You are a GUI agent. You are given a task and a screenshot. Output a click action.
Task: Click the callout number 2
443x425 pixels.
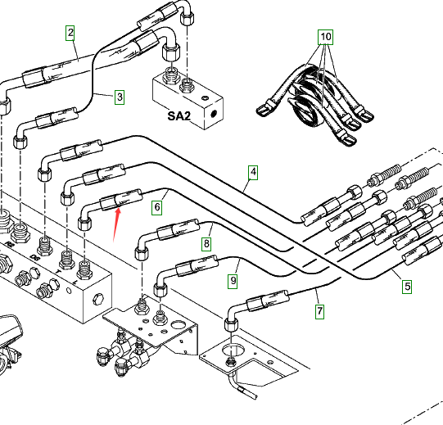click(x=70, y=33)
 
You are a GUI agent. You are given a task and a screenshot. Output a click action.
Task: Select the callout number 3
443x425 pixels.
click(x=120, y=97)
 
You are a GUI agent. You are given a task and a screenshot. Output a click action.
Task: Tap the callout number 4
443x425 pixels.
click(x=253, y=172)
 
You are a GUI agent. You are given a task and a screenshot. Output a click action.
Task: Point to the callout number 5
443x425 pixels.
click(x=407, y=286)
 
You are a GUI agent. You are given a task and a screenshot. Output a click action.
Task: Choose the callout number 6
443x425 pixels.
click(x=157, y=207)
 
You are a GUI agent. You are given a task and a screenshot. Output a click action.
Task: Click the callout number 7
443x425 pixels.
click(x=319, y=311)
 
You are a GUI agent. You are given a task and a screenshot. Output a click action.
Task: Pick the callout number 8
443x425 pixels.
click(x=206, y=243)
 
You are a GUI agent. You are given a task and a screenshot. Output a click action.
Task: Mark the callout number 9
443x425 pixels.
click(x=233, y=281)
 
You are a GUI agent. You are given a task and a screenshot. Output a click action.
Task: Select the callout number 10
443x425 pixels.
click(x=325, y=37)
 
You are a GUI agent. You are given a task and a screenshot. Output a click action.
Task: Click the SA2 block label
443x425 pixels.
click(x=179, y=115)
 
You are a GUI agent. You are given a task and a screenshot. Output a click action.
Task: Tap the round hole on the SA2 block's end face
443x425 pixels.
click(x=214, y=114)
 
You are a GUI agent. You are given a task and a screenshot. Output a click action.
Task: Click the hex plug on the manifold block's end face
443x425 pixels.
click(x=97, y=299)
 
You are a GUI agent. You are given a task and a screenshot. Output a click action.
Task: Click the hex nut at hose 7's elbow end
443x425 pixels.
click(x=231, y=324)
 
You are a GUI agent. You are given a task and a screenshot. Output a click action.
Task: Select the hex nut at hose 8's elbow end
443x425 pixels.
click(x=142, y=253)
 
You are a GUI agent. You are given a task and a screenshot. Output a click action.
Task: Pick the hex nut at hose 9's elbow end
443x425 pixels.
click(x=160, y=290)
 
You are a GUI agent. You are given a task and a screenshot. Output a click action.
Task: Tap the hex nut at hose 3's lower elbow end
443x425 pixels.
click(x=20, y=142)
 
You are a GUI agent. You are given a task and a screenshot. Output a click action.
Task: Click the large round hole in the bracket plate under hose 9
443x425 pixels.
click(x=177, y=324)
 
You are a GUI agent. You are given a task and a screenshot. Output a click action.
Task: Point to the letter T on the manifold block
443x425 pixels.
click(x=58, y=271)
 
